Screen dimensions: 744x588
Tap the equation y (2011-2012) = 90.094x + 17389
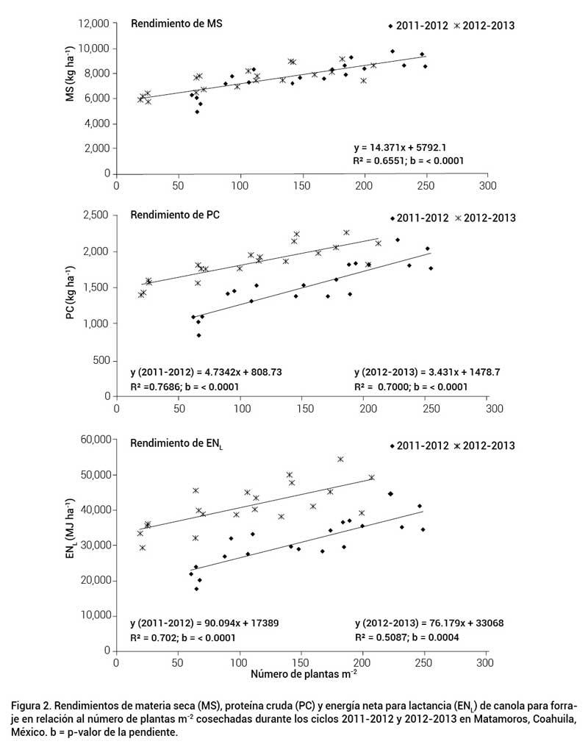coord(205,623)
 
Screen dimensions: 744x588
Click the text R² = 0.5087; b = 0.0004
coord(407,637)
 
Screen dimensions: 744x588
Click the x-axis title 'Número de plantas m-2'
coord(304,674)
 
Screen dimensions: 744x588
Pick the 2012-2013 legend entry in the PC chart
coord(485,218)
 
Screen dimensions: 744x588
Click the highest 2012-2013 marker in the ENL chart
coord(340,459)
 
